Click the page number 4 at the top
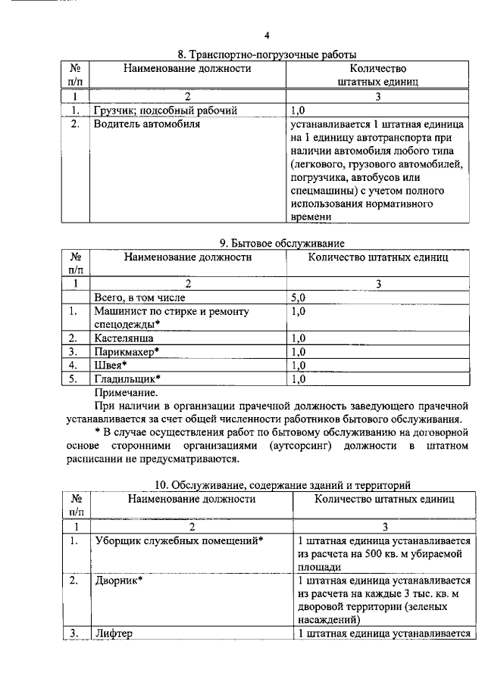[x=267, y=35]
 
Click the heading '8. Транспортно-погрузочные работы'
[x=268, y=54]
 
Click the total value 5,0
[x=299, y=297]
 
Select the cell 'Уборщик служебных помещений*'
[x=179, y=541]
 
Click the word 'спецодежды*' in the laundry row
[x=127, y=323]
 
